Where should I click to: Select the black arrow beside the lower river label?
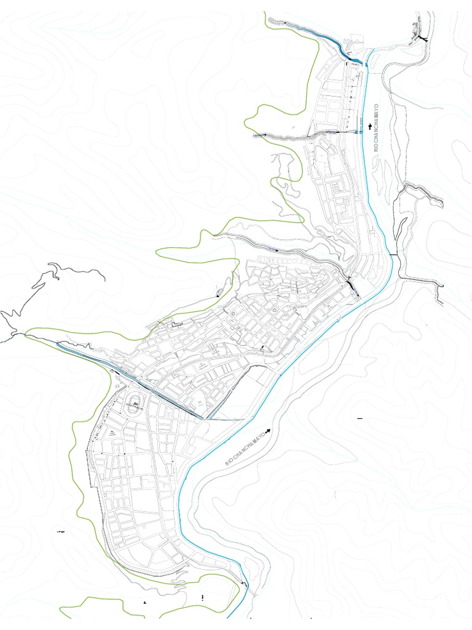[269, 432]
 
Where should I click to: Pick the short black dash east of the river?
[360, 418]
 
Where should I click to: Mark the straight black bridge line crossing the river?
[393, 254]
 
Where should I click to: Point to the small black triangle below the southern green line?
[145, 602]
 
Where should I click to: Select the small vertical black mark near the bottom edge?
[202, 597]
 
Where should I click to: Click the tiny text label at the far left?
[60, 530]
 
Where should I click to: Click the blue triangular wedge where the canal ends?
[210, 417]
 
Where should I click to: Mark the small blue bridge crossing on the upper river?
[358, 131]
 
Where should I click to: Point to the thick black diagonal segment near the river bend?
[352, 287]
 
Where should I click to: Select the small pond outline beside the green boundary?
[220, 292]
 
